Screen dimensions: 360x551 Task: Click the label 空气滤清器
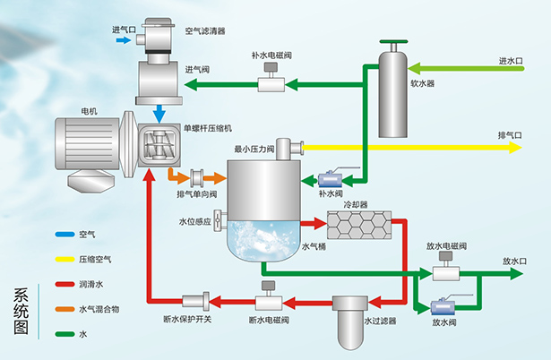[205, 30]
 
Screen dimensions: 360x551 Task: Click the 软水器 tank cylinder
[394, 94]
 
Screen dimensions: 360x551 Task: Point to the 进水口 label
[511, 61]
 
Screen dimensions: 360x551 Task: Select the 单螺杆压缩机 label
[208, 128]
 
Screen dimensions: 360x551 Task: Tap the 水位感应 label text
[194, 220]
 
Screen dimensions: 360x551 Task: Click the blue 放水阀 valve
[442, 306]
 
